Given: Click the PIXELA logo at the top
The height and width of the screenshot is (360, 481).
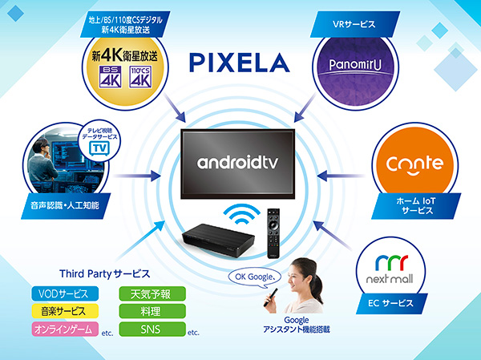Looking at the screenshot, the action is [x=239, y=63].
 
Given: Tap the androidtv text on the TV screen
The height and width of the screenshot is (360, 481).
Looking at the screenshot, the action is [x=237, y=162].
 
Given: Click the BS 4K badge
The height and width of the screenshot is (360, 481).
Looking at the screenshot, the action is [x=110, y=77].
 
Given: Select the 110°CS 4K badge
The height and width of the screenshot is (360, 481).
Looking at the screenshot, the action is [x=140, y=77].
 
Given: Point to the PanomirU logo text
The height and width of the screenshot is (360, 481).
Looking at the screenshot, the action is [x=355, y=64].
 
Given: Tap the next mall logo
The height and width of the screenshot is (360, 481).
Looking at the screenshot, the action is [x=390, y=269].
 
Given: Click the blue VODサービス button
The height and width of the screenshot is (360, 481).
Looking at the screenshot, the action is [x=65, y=293].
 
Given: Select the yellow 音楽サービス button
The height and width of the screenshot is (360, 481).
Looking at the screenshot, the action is [x=65, y=311].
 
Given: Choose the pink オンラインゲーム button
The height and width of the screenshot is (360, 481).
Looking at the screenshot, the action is [x=65, y=329].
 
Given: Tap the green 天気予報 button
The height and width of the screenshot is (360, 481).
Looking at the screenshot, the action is [x=152, y=293].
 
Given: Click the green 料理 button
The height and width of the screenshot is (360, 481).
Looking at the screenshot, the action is [x=152, y=311].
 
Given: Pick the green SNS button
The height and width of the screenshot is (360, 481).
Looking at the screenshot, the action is [x=152, y=329].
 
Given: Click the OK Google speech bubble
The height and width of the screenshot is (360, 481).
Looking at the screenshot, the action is [x=255, y=277].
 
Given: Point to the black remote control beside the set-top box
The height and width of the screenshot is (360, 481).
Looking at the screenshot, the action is [x=273, y=233].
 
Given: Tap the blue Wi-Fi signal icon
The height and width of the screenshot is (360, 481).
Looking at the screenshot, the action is [x=242, y=214].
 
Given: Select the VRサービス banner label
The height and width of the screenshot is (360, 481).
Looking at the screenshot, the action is [x=355, y=24].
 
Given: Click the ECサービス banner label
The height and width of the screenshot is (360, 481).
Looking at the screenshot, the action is [x=392, y=303].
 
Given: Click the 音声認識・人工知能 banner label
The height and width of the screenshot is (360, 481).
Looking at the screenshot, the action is [x=66, y=205].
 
